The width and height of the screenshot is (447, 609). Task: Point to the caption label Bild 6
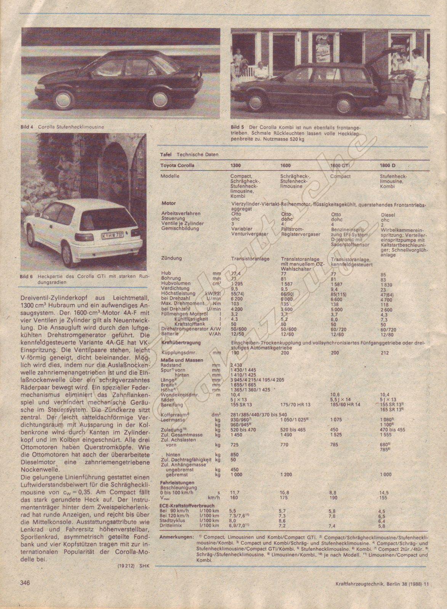pyautogui.click(x=27, y=277)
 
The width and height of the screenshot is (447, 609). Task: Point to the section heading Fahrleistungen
pyautogui.click(x=178, y=483)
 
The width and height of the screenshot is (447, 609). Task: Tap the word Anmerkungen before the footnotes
pyautogui.click(x=175, y=537)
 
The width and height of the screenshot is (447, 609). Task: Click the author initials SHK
pyautogui.click(x=143, y=566)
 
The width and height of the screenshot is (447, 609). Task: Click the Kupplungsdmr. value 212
pyautogui.click(x=385, y=353)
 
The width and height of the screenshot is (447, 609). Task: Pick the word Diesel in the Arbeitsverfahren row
pyautogui.click(x=388, y=215)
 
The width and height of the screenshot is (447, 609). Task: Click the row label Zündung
pyautogui.click(x=171, y=258)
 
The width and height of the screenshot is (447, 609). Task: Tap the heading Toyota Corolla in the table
pyautogui.click(x=177, y=166)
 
